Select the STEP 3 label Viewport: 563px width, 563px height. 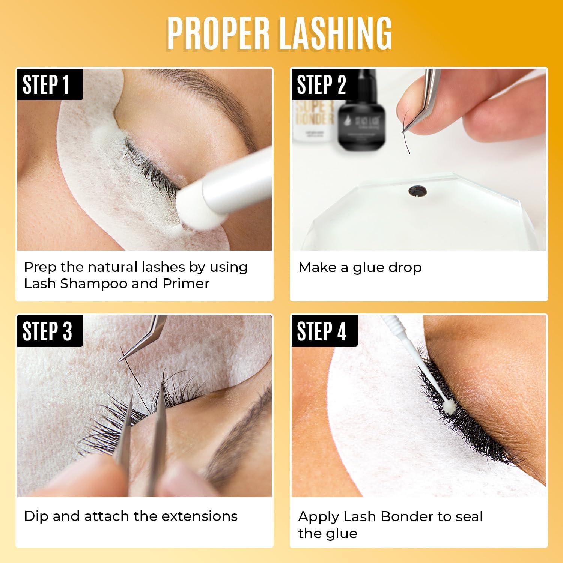[47, 331]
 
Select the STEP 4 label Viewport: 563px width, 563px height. [322, 331]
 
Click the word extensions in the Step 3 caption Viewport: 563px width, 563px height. [201, 516]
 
